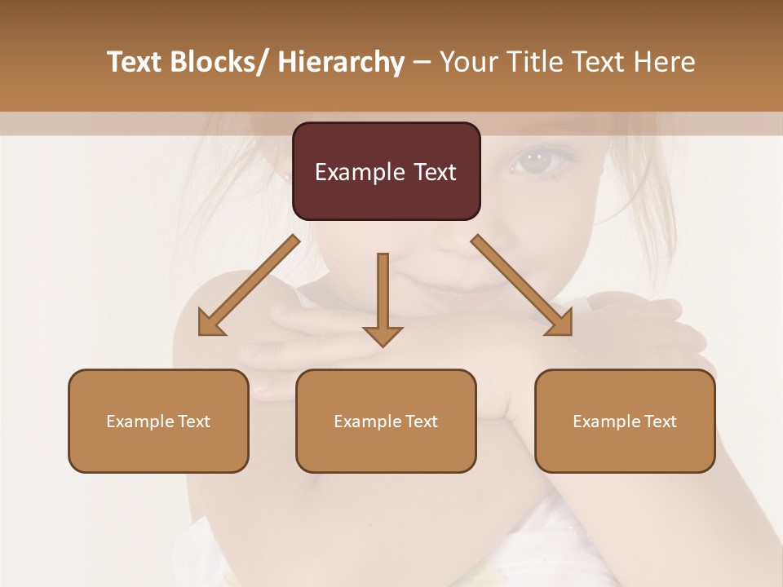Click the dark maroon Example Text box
tap(386, 171)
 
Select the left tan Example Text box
tap(158, 421)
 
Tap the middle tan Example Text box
tap(386, 421)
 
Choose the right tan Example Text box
tap(625, 421)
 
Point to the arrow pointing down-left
tap(250, 285)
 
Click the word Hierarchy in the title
tap(341, 62)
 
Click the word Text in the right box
tap(660, 421)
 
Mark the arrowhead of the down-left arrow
tap(210, 324)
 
